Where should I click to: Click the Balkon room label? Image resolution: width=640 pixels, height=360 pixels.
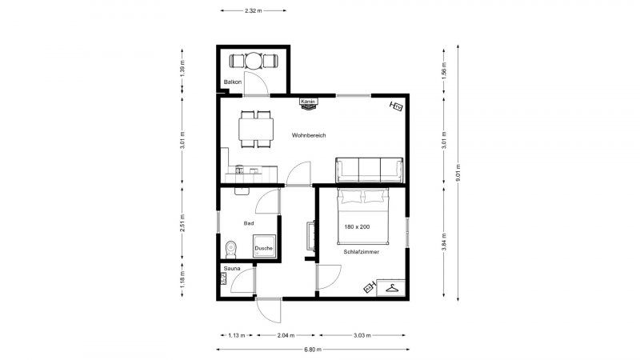pyautogui.click(x=233, y=82)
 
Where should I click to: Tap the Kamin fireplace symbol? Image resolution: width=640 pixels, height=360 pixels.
pyautogui.click(x=309, y=104)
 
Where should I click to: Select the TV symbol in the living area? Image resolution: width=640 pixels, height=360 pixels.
pyautogui.click(x=396, y=106)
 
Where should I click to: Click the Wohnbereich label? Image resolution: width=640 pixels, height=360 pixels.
pyautogui.click(x=309, y=135)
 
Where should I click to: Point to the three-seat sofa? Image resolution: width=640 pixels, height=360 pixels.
pyautogui.click(x=370, y=170)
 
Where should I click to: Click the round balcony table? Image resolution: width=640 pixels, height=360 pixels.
pyautogui.click(x=254, y=61)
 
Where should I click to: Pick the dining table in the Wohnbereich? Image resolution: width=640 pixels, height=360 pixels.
pyautogui.click(x=256, y=129)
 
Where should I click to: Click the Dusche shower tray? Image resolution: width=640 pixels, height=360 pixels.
pyautogui.click(x=264, y=246)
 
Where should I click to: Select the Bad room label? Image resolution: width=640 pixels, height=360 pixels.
pyautogui.click(x=249, y=223)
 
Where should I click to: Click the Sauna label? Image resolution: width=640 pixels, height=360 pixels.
pyautogui.click(x=232, y=269)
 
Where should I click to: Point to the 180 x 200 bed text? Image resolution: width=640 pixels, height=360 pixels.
pyautogui.click(x=357, y=227)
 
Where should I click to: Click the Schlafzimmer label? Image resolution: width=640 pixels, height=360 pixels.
pyautogui.click(x=362, y=252)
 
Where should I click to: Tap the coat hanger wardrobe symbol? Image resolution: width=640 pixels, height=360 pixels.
pyautogui.click(x=391, y=288)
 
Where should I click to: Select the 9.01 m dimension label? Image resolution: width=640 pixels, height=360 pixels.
pyautogui.click(x=458, y=174)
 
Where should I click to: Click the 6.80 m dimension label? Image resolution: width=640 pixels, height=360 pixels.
pyautogui.click(x=313, y=350)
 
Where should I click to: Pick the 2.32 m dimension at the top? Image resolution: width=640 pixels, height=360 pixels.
pyautogui.click(x=254, y=11)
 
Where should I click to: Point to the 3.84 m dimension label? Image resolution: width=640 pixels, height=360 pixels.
pyautogui.click(x=444, y=242)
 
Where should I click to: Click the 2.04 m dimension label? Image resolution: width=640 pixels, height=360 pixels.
pyautogui.click(x=286, y=335)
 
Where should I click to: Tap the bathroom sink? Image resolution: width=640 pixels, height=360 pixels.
pyautogui.click(x=242, y=190)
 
